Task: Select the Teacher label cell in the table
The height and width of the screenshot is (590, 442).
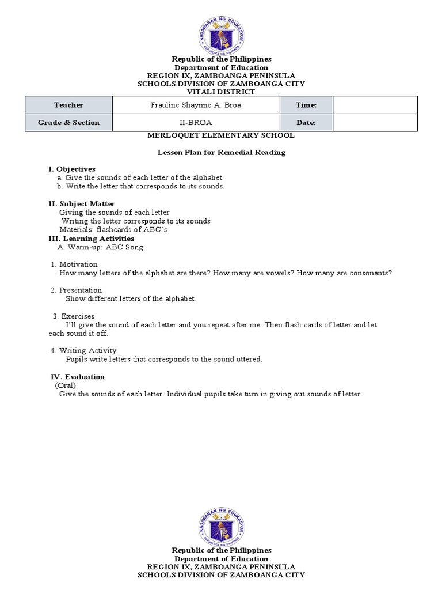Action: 68,105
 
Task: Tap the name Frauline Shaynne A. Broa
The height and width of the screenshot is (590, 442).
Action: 196,105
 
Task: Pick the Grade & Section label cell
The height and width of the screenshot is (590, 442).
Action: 68,123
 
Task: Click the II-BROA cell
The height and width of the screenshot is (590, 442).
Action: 196,123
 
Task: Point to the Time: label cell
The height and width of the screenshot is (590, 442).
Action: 306,105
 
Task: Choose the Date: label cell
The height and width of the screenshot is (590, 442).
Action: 306,123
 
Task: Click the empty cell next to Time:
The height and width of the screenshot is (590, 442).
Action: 375,105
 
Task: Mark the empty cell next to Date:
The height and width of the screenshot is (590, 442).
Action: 375,123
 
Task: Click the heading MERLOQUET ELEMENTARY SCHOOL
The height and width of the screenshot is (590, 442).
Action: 221,135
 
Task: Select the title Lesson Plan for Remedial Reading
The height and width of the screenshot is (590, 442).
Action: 222,153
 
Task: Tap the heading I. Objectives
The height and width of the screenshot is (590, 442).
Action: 72,169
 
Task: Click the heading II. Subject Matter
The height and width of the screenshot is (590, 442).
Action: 82,203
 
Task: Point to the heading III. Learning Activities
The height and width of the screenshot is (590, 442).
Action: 91,238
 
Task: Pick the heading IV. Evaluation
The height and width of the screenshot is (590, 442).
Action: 78,376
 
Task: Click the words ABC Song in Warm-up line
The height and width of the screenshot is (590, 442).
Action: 124,247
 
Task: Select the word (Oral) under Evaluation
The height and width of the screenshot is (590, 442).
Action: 66,385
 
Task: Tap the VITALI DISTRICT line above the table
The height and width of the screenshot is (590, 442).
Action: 222,92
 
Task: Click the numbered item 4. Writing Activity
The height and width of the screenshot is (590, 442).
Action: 83,350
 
